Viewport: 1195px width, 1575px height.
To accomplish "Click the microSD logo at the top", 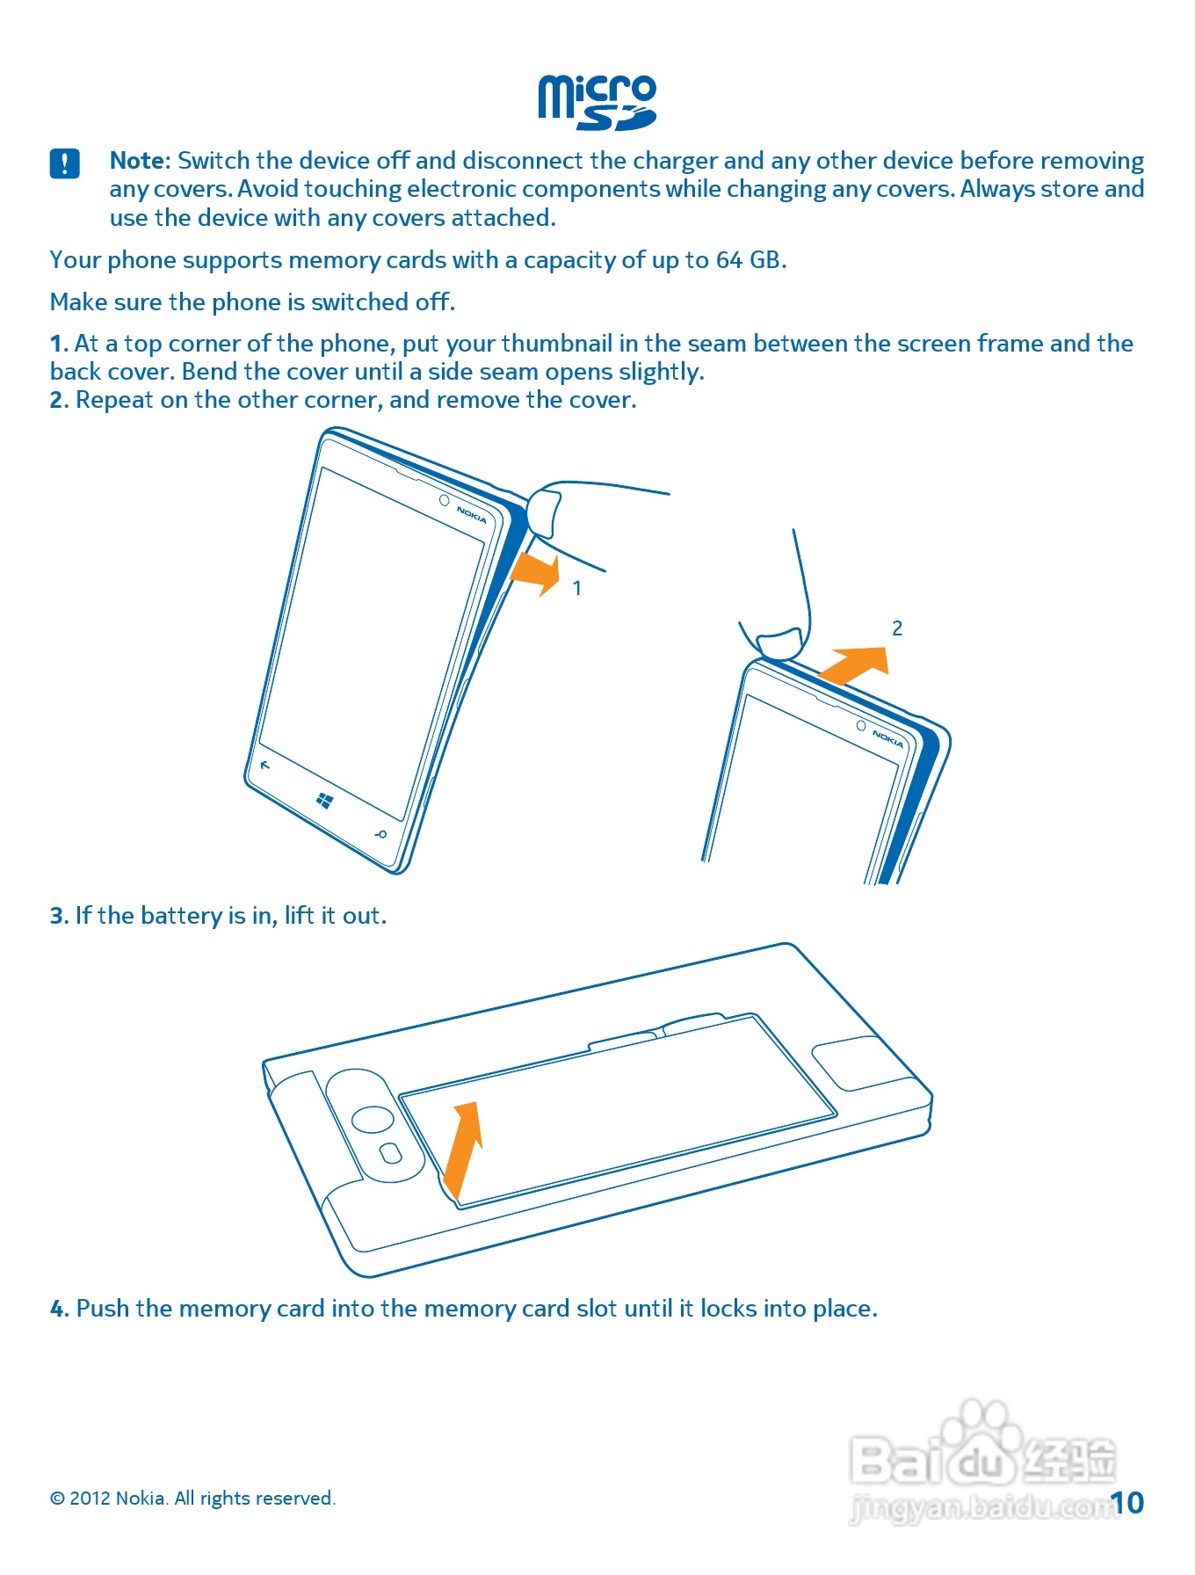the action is coord(597,103).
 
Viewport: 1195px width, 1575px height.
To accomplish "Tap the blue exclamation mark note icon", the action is coord(65,163).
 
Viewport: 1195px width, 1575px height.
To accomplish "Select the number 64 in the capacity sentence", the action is coord(729,260).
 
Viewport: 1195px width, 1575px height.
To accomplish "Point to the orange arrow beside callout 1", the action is coord(535,573).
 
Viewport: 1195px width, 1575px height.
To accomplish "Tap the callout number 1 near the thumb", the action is coord(577,588).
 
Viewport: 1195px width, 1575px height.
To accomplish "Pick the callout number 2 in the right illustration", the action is coord(897,628).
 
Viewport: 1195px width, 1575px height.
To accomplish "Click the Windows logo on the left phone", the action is coord(324,800).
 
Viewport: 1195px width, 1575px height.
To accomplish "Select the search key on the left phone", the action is coord(380,834).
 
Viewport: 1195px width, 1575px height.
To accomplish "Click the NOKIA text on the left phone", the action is coord(472,515).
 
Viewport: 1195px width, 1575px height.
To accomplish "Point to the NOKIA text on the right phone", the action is coord(887,739).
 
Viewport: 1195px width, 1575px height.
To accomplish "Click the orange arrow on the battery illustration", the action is coord(463,1150).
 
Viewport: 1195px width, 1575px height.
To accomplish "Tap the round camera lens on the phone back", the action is coord(373,1119).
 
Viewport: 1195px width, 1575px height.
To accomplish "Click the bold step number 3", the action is coord(59,917).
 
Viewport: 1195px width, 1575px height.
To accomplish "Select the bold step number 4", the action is coord(59,1310).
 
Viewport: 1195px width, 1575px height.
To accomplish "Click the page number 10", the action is coord(1126,1503).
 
